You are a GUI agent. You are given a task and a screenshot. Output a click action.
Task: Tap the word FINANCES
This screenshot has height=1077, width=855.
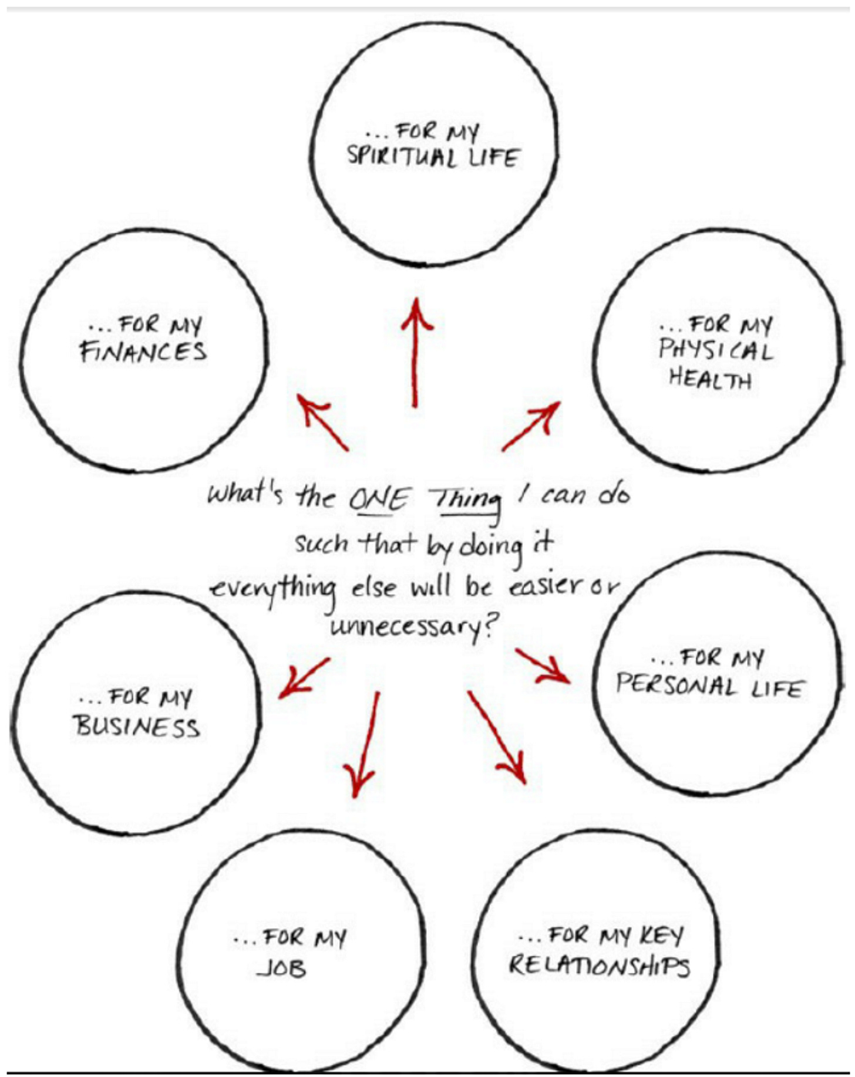tap(143, 353)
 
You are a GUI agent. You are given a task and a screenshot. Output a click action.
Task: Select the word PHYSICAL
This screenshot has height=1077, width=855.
tap(715, 350)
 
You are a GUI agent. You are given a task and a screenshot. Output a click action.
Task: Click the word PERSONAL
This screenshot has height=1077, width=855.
tap(676, 686)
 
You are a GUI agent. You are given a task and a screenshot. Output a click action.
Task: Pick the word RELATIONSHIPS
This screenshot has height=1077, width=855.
tap(598, 965)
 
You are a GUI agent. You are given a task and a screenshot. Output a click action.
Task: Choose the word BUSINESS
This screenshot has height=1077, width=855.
tap(137, 727)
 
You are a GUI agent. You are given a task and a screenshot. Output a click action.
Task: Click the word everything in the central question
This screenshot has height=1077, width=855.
tap(274, 589)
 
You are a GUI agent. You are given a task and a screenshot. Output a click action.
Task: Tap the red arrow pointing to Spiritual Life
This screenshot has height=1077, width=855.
tap(416, 352)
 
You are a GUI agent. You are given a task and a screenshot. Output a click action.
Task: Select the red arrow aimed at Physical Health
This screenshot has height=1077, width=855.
tap(530, 426)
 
